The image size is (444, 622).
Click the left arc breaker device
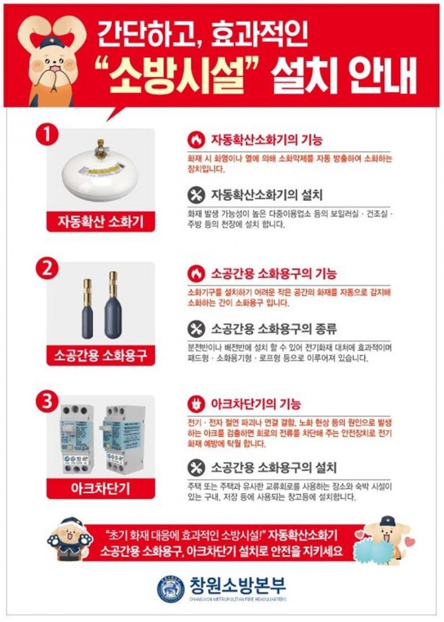(x=76, y=438)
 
